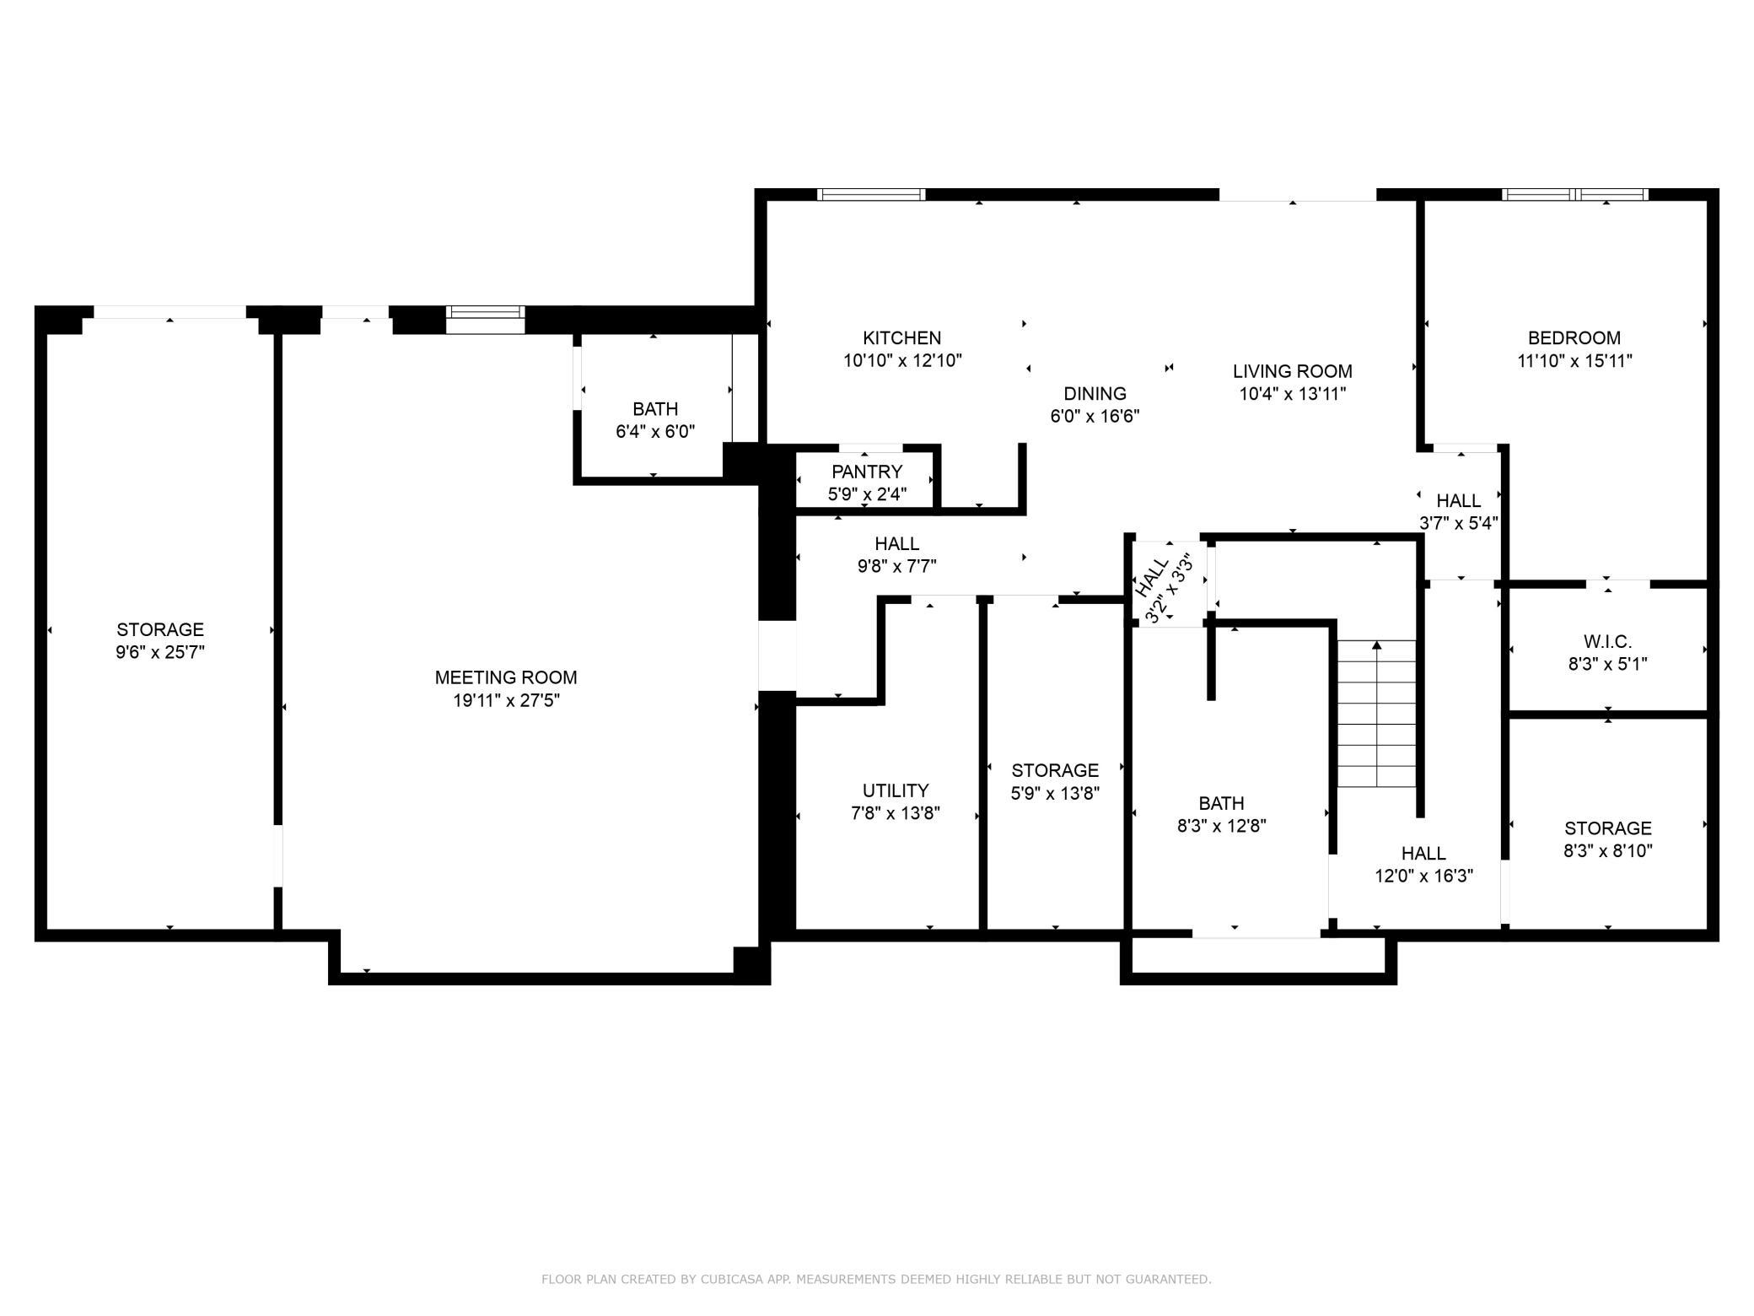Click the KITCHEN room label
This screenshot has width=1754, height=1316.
point(901,338)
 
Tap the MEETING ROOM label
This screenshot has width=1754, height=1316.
point(506,677)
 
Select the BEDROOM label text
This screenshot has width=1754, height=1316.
point(1574,338)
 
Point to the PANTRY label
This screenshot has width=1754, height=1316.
point(867,472)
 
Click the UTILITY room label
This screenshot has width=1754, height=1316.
point(896,790)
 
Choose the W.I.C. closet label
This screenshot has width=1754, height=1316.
point(1607,642)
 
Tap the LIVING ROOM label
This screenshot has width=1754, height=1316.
point(1292,371)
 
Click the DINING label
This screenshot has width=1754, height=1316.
point(1095,394)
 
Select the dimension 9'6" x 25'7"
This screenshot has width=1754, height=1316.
point(160,652)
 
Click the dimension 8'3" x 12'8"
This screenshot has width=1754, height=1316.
point(1221,826)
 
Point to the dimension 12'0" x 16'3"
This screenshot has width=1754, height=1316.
point(1423,876)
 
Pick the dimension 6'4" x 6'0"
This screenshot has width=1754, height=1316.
point(655,432)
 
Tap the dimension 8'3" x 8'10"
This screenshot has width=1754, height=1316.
point(1607,851)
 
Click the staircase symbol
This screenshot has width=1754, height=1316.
point(1376,714)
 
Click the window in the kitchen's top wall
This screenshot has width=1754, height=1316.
point(871,195)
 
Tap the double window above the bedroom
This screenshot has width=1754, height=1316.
point(1574,195)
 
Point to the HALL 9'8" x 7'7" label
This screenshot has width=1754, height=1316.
point(896,555)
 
